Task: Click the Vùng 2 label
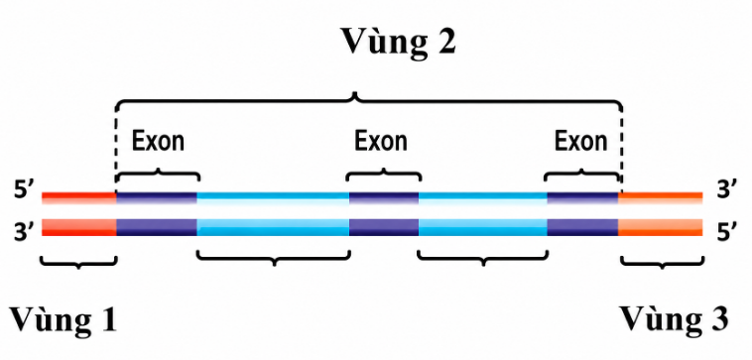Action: (398, 44)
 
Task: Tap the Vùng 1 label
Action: (63, 318)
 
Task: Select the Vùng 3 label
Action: (675, 318)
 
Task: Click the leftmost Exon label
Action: (158, 142)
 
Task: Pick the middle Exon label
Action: (380, 142)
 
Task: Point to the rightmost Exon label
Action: (580, 142)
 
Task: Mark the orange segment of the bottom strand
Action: (661, 227)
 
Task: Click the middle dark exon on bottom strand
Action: (384, 227)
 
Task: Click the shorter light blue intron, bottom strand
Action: (483, 227)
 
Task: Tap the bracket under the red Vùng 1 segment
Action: (79, 262)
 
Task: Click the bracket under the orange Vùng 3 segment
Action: (662, 262)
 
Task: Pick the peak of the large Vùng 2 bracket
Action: (355, 92)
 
